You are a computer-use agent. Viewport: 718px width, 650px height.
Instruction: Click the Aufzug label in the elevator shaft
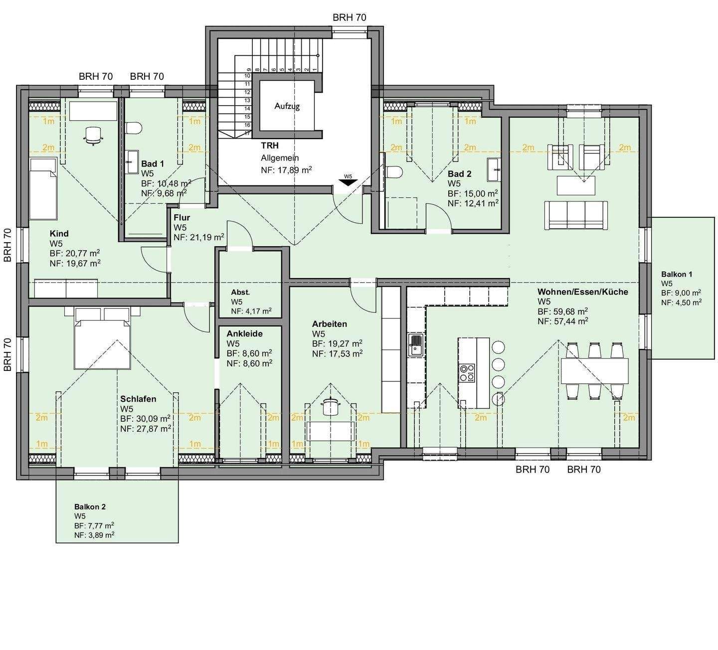(x=287, y=106)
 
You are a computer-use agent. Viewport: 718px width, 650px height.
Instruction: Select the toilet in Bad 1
(x=134, y=128)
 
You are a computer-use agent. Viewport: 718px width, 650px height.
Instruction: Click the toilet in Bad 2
(x=394, y=172)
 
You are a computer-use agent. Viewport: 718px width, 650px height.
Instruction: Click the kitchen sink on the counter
(x=416, y=344)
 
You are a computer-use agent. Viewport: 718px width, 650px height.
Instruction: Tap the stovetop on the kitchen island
(x=467, y=373)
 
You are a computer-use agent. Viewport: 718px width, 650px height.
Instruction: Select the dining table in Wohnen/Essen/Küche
(x=594, y=370)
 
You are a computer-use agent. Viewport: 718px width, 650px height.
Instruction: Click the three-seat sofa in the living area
(x=576, y=215)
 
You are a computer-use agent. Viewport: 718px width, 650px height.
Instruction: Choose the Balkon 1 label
(x=677, y=275)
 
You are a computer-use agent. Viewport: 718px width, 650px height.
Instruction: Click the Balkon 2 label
(x=90, y=507)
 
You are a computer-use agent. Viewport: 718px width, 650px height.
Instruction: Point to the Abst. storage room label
(x=240, y=293)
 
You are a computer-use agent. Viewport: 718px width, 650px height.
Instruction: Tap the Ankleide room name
(x=244, y=333)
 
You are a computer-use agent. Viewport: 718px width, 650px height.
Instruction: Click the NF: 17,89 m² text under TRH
(x=286, y=170)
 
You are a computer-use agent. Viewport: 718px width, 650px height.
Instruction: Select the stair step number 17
(x=247, y=133)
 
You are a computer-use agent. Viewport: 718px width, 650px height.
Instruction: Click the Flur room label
(x=182, y=218)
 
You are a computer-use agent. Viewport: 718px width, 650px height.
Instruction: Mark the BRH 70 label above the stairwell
(x=350, y=17)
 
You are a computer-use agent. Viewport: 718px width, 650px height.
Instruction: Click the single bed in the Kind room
(x=43, y=188)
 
